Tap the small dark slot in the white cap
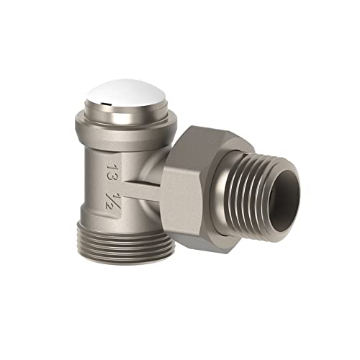pyautogui.click(x=105, y=104)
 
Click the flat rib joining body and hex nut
pyautogui.click(x=142, y=189)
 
